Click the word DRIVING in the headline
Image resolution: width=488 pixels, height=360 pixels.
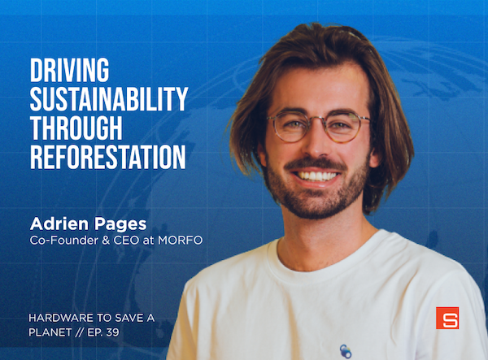click(69, 71)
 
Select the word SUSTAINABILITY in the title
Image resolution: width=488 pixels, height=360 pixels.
click(109, 99)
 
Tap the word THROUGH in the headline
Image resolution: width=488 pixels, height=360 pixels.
click(76, 128)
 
